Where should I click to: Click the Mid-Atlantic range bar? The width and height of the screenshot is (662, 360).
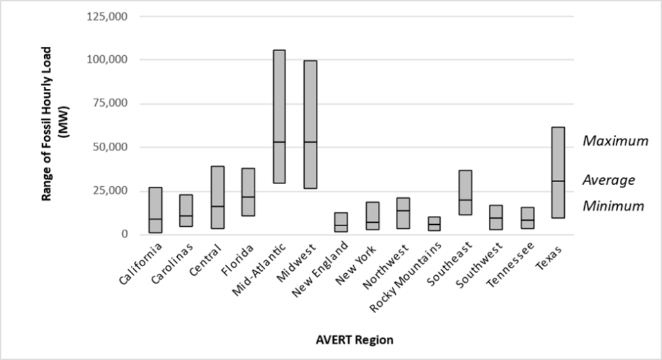[x=279, y=117]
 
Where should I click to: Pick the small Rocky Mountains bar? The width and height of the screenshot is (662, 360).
[x=434, y=223]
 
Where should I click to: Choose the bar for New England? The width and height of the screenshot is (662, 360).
[x=341, y=222]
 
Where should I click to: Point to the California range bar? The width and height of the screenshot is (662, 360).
[x=155, y=210]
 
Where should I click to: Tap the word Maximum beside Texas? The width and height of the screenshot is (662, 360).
[x=615, y=141]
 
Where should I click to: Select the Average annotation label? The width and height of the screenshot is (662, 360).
[x=608, y=180]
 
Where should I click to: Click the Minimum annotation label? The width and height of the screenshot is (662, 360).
[x=613, y=206]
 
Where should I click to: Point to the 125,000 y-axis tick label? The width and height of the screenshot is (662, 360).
[x=108, y=16]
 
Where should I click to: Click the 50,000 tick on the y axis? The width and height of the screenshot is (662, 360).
[x=110, y=147]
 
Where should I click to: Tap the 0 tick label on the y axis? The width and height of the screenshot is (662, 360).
[x=125, y=234]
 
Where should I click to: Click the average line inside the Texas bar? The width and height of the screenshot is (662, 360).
[x=559, y=181]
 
